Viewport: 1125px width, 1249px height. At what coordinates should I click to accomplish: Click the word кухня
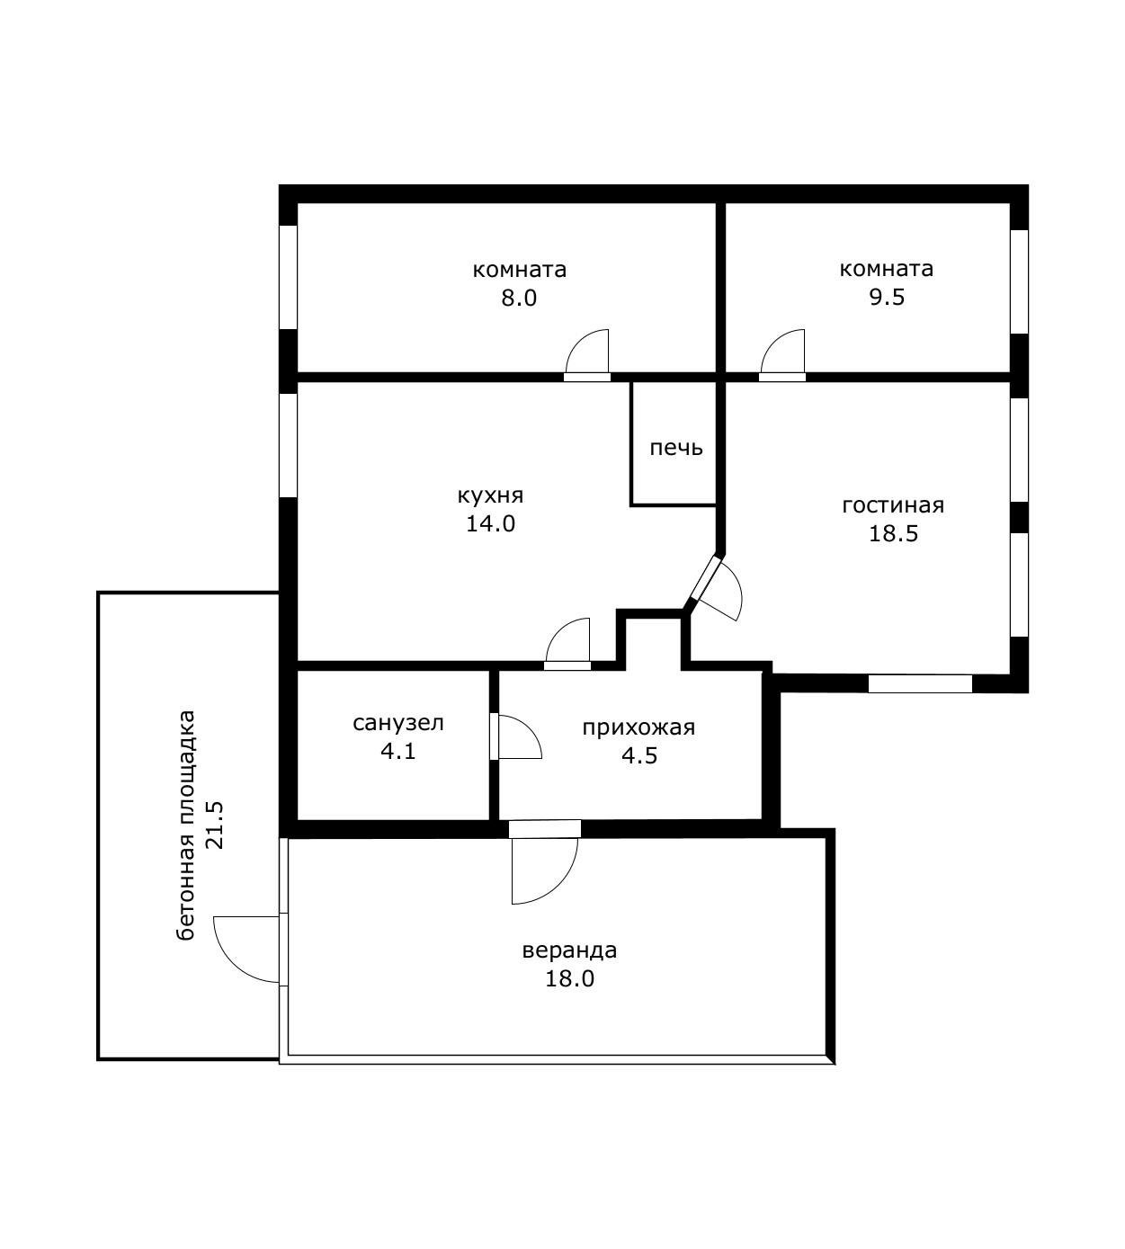490,495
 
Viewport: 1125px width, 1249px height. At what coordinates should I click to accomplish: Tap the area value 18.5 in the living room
893,533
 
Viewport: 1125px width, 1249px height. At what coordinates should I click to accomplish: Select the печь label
676,448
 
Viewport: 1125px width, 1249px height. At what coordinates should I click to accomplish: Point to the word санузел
398,723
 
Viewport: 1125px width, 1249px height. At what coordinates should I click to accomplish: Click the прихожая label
638,727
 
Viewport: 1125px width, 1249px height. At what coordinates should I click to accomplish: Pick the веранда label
569,950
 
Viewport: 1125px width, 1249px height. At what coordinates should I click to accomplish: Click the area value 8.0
519,299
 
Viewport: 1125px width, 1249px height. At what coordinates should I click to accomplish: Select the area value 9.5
887,297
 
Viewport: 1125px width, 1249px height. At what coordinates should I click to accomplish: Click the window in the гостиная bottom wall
920,683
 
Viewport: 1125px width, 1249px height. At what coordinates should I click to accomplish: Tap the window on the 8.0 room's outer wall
288,276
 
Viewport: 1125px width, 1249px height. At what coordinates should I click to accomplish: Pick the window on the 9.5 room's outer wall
1019,282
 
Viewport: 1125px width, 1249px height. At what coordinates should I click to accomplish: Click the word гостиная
893,505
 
